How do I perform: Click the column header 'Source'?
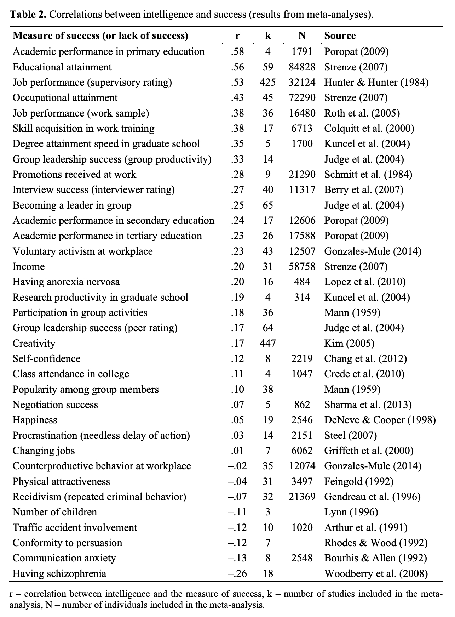point(340,36)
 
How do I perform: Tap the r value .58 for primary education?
point(237,52)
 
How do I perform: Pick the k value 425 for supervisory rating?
point(267,83)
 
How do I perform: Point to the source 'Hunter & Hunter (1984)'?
point(376,83)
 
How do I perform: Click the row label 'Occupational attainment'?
point(65,98)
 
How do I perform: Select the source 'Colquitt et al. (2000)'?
point(369,128)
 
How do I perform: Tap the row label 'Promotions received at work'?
point(74,174)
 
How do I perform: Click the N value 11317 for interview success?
point(302,190)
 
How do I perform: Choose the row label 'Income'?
point(29,266)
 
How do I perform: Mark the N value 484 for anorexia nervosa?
point(302,282)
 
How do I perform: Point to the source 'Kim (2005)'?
point(349,343)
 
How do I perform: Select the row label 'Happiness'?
point(35,420)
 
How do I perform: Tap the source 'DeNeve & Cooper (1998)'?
point(380,420)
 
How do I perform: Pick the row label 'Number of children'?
point(55,512)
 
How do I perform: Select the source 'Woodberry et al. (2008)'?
point(376,573)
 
